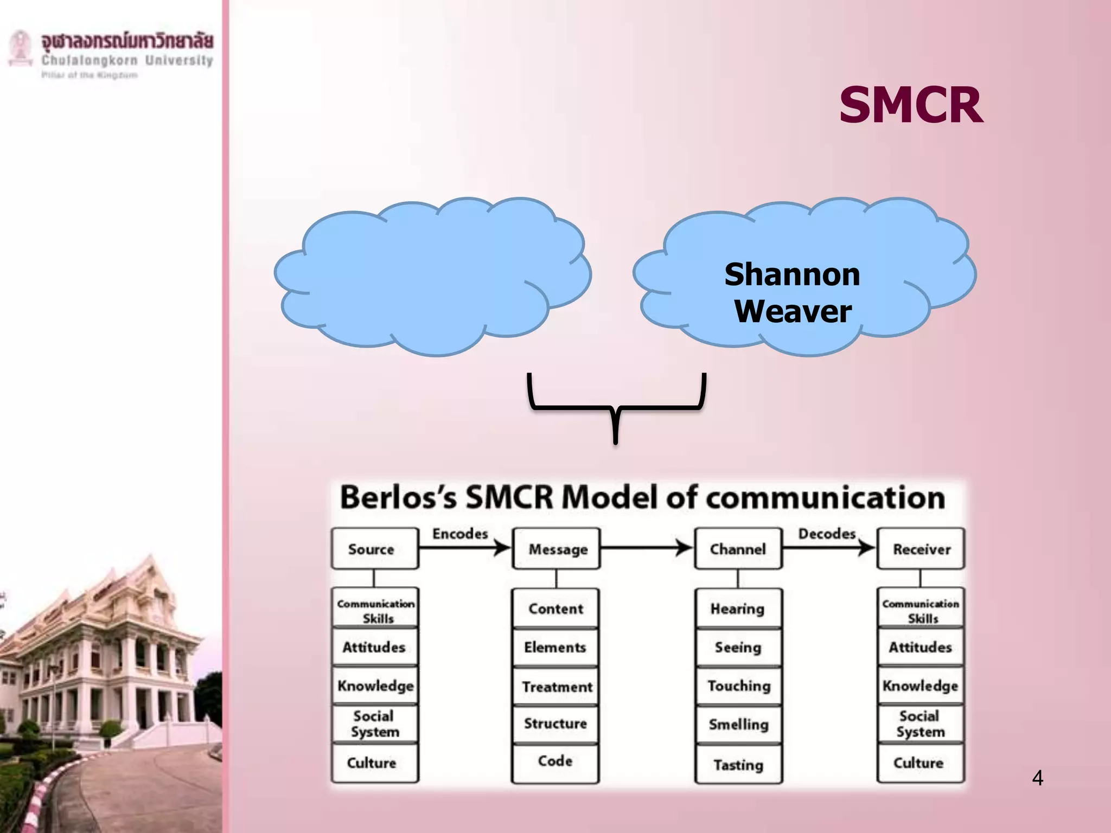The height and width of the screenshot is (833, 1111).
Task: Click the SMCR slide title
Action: coord(911,105)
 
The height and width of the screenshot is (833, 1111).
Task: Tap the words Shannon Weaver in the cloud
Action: coord(793,293)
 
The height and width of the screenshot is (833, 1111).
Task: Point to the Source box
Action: coord(375,549)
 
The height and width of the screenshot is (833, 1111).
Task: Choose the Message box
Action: coord(557,549)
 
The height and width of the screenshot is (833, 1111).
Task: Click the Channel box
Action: coord(738,549)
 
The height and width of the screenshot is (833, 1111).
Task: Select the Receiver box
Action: coord(921,549)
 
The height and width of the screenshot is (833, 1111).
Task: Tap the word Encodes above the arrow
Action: coord(460,534)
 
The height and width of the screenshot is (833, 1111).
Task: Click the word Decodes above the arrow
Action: coord(827,534)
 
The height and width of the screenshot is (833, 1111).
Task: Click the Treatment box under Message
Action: coord(556,687)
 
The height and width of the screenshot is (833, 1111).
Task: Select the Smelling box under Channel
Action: coord(738,725)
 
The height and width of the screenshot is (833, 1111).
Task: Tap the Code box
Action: coord(555,761)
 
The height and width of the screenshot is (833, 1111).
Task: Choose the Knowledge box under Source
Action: coord(375,686)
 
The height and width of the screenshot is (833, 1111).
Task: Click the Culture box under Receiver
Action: coord(920,763)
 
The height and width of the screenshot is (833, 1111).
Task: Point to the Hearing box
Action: coord(738,609)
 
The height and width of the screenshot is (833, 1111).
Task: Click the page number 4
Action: coord(1037,778)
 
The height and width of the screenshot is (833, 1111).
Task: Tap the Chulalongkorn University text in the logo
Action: coord(127,60)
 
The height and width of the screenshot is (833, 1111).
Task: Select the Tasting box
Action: coord(738,765)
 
